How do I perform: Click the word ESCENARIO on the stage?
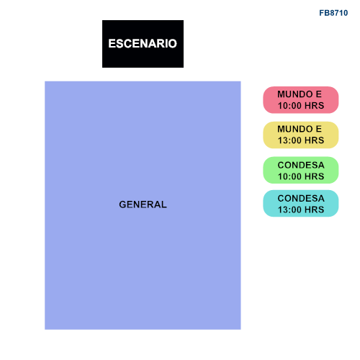click(143, 43)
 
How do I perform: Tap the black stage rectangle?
click(143, 44)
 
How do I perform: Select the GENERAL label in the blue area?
click(143, 204)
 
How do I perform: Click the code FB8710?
click(333, 13)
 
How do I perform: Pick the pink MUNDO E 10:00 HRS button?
click(301, 100)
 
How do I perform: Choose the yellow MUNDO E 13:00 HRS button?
click(301, 135)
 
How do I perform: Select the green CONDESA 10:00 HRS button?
click(301, 170)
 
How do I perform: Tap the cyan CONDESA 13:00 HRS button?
click(301, 204)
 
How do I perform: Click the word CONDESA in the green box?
click(301, 165)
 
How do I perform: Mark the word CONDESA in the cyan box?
click(301, 199)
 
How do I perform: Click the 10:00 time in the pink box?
click(290, 106)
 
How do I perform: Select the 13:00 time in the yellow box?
click(290, 140)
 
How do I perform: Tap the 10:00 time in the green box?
click(290, 176)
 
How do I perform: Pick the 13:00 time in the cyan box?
click(290, 210)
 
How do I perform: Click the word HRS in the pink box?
click(315, 106)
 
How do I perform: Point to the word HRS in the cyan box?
click(315, 210)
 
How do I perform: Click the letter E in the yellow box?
click(319, 129)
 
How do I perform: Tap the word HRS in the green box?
click(315, 176)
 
